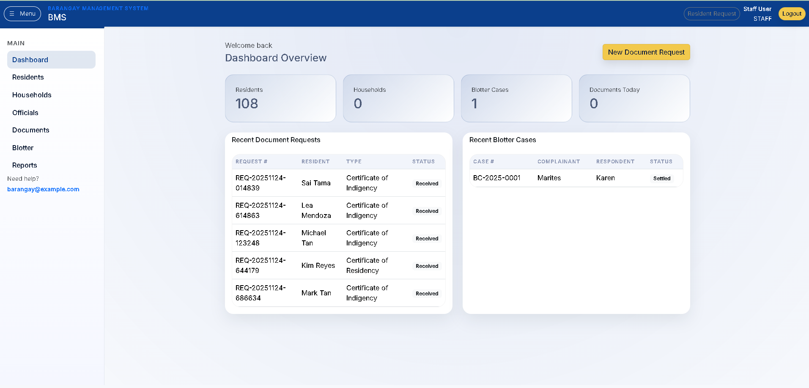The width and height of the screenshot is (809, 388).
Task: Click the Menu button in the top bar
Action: coord(22,14)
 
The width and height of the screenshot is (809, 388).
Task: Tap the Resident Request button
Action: coord(711,14)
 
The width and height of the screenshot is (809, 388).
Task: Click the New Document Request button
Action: coord(646,52)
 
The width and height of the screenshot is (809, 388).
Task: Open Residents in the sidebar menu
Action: coord(28,77)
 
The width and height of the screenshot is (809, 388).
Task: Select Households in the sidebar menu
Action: coord(32,95)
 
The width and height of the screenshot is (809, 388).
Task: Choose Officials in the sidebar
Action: coord(25,113)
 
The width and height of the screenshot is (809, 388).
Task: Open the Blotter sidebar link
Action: coord(23,148)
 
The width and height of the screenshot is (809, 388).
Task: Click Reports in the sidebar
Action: coord(25,165)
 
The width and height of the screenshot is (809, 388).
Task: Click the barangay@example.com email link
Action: coord(43,189)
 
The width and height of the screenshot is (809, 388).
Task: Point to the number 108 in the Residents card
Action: coord(247,103)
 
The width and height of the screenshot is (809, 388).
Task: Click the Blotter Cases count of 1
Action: coord(474,103)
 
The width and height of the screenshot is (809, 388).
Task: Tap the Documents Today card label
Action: coord(614,90)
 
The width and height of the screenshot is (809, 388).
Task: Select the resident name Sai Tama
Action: coord(316,183)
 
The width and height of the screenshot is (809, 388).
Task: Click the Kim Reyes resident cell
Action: coord(318,265)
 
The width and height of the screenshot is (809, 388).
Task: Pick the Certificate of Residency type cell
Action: coord(367,265)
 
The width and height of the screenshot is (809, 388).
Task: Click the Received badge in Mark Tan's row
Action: coord(427,293)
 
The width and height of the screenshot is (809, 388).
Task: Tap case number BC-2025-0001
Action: coord(496,178)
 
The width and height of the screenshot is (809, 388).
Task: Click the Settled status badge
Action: coord(661,178)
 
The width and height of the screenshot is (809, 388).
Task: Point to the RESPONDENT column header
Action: coord(615,162)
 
